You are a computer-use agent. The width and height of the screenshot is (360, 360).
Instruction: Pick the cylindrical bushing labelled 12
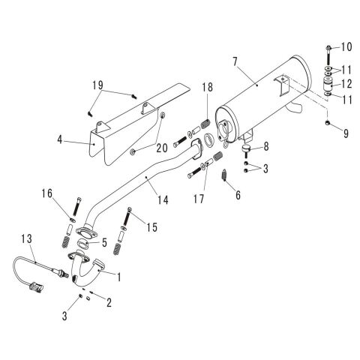328,84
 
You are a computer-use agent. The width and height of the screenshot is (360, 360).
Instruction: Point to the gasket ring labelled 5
85,243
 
